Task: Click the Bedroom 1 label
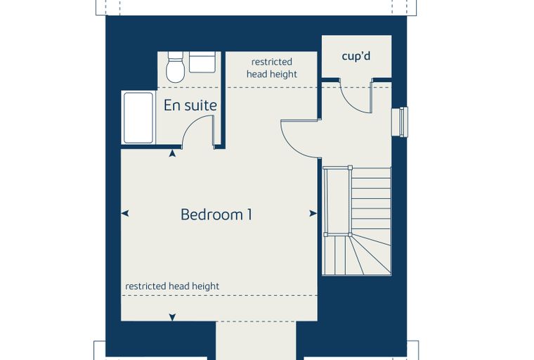pyautogui.click(x=216, y=214)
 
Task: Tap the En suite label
pyautogui.click(x=190, y=105)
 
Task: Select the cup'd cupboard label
pyautogui.click(x=356, y=56)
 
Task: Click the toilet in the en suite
pyautogui.click(x=176, y=67)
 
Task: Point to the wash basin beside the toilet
pyautogui.click(x=202, y=62)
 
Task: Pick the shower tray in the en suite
pyautogui.click(x=138, y=117)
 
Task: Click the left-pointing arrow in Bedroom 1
pyautogui.click(x=125, y=214)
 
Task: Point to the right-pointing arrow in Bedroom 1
pyautogui.click(x=313, y=214)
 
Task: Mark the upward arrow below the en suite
pyautogui.click(x=172, y=153)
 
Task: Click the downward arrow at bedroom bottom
pyautogui.click(x=172, y=317)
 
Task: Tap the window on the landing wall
pyautogui.click(x=400, y=122)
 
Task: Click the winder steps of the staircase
pyautogui.click(x=357, y=255)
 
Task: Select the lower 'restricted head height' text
pyautogui.click(x=172, y=286)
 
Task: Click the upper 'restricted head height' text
pyautogui.click(x=272, y=67)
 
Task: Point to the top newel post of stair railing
pyautogui.click(x=350, y=167)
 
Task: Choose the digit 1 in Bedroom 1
pyautogui.click(x=249, y=214)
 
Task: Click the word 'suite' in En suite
pyautogui.click(x=202, y=105)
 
